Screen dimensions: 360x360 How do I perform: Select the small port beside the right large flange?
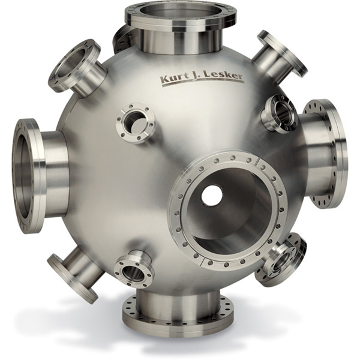[280, 112]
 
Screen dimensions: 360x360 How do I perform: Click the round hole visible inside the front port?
[212, 194]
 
